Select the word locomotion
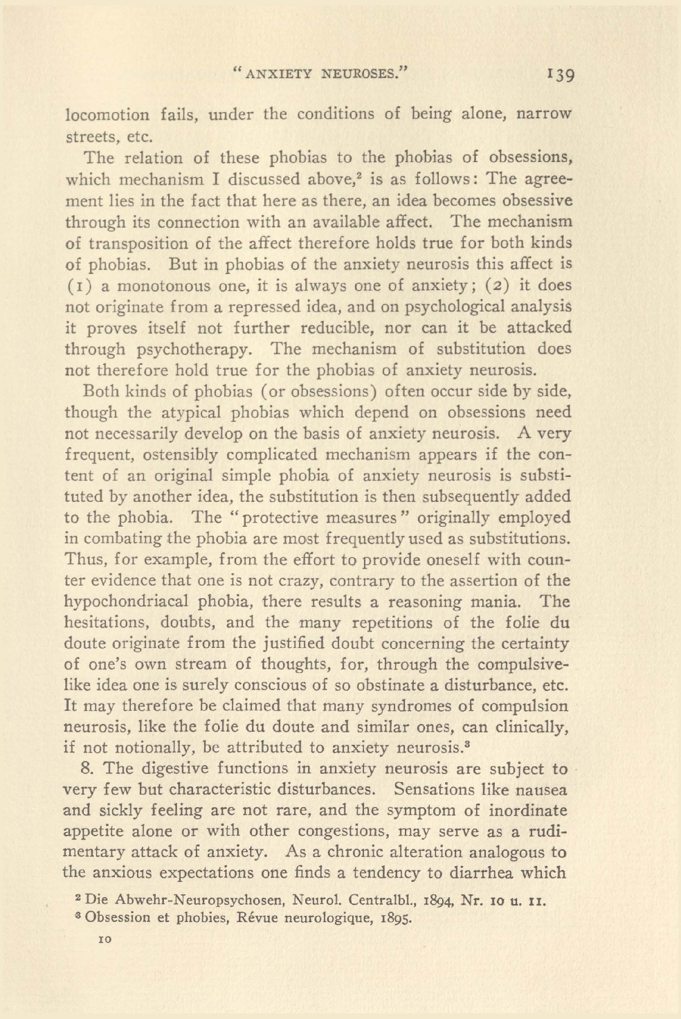coord(107,115)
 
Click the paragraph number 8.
coord(87,769)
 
